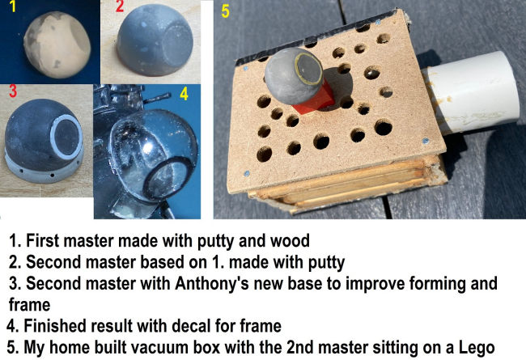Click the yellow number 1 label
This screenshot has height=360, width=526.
pyautogui.click(x=13, y=6)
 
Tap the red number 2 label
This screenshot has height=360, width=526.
pyautogui.click(x=120, y=6)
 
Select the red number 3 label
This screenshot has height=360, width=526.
pyautogui.click(x=13, y=91)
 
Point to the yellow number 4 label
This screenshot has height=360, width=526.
pyautogui.click(x=185, y=94)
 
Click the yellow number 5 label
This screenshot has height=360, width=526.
pyautogui.click(x=225, y=11)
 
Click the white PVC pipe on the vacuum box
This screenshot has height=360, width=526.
pyautogui.click(x=471, y=92)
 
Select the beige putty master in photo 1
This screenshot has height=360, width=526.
pyautogui.click(x=57, y=44)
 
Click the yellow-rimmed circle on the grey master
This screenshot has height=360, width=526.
pyautogui.click(x=308, y=69)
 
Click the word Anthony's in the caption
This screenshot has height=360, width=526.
pyautogui.click(x=212, y=283)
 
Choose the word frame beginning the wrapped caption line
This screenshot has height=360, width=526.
pyautogui.click(x=29, y=305)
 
